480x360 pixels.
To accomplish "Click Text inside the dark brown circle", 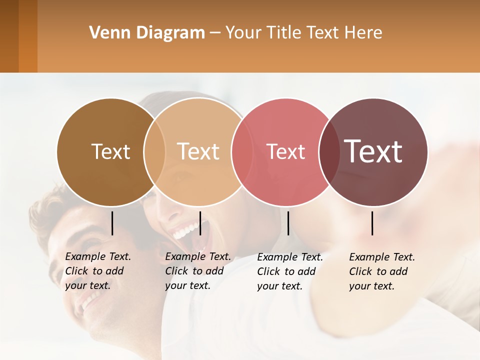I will point(111,151).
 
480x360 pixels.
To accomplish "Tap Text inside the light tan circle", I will point(198,151).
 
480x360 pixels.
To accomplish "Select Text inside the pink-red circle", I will point(285,151).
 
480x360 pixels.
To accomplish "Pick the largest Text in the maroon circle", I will point(373,151).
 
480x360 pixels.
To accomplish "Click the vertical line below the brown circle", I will point(112,223).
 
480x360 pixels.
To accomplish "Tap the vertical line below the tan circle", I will point(200,223).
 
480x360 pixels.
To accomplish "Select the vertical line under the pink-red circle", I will point(288,223).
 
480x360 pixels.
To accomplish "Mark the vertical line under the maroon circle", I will point(372,223).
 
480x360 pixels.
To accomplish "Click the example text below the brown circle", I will point(97,271).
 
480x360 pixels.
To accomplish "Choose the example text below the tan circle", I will point(197,271).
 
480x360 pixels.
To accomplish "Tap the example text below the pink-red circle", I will point(289,271).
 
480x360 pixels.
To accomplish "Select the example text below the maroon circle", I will point(381,271).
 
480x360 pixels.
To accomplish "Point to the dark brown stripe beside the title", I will point(9,36).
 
